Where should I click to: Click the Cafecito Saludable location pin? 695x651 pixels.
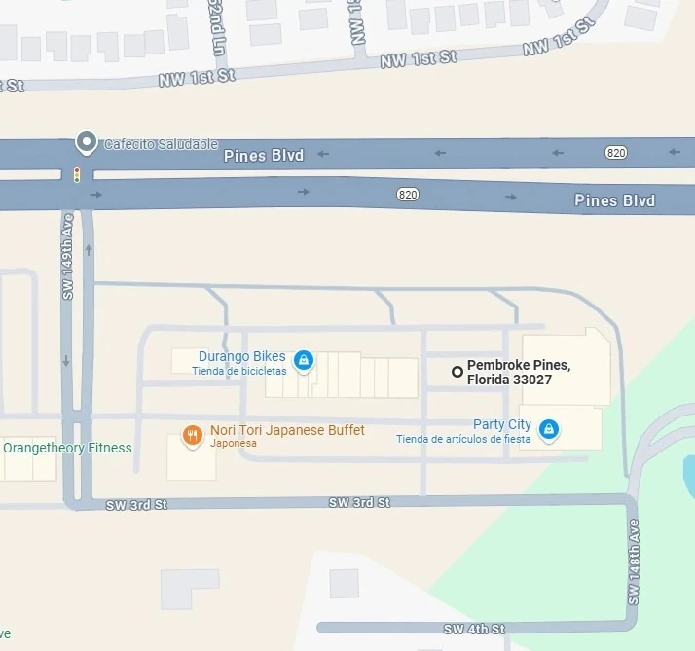point(87,144)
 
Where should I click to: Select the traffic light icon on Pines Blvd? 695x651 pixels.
point(77,175)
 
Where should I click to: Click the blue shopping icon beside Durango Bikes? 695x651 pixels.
point(304,361)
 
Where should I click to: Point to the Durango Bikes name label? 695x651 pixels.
point(242,356)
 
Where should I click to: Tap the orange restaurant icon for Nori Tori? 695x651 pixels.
point(193,435)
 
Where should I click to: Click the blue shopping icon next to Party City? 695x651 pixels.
point(549,429)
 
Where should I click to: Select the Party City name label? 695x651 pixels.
point(502,424)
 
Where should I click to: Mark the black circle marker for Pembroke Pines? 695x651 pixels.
point(457,371)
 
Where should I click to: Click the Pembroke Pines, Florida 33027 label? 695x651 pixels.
point(518,372)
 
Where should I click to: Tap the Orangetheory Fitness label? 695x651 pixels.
point(67,448)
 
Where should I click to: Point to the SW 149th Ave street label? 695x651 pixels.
point(68,257)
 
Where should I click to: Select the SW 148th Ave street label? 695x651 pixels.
point(634,575)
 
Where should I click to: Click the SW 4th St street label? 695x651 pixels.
point(474,630)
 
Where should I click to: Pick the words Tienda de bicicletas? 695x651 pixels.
point(239,371)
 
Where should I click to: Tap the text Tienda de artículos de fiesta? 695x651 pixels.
point(463,439)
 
